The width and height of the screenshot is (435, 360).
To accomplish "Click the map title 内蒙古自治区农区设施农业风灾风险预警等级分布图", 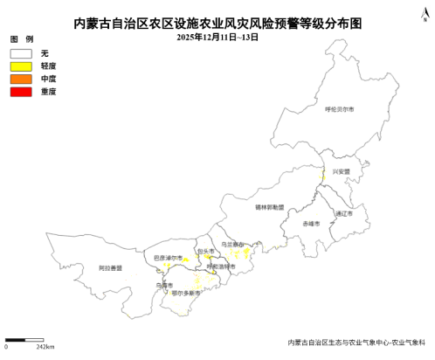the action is (217, 24).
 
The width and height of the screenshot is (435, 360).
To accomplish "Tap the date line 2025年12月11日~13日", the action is (217, 37).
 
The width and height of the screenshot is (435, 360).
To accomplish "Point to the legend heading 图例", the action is (22, 40).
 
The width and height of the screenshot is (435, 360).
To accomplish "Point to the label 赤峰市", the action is (311, 225).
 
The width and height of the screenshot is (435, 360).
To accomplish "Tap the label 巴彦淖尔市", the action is (167, 258).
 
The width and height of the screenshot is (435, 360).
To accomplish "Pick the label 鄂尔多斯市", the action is (186, 293).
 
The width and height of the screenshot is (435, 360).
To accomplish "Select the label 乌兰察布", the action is (233, 245).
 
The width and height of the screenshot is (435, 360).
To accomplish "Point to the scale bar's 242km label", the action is (45, 348).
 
